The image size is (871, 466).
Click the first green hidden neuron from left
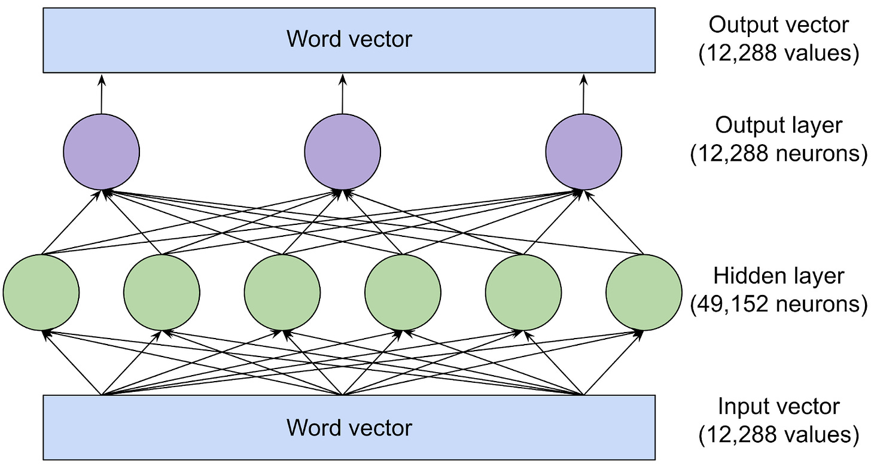pos(41,292)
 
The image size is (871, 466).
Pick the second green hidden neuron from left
pos(162,292)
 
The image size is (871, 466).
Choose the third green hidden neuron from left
pos(282,292)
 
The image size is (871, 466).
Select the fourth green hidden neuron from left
pos(403,292)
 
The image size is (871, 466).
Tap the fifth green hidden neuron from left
pos(523,292)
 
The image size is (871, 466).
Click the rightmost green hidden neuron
pos(644,292)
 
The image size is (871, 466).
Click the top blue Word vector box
pos(349,39)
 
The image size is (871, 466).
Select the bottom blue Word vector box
pos(349,427)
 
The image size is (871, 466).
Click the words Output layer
pos(778,126)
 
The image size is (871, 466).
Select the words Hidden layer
pos(778,276)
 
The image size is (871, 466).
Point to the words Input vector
pos(778,407)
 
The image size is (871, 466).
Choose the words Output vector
pos(778,25)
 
